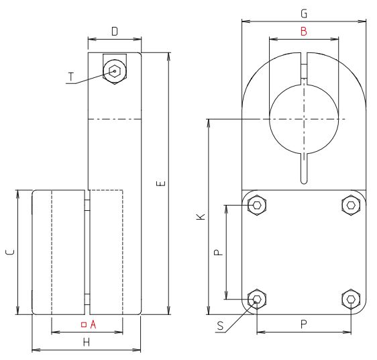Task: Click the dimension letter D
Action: (115, 32)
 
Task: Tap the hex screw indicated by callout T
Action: (115, 70)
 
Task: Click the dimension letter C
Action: (9, 252)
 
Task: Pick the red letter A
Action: (94, 324)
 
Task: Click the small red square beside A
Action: (83, 324)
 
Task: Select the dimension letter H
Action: (86, 343)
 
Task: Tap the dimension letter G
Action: (304, 13)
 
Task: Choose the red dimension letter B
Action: (303, 31)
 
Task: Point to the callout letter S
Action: (221, 327)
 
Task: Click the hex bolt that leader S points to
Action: (256, 300)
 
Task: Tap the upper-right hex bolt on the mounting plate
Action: (350, 205)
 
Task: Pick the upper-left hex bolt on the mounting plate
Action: (256, 205)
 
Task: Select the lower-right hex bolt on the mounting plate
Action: (350, 300)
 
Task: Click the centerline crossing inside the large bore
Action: (303, 119)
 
